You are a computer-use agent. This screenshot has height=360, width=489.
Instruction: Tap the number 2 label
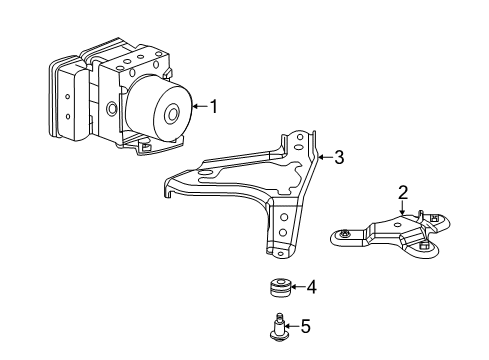402,191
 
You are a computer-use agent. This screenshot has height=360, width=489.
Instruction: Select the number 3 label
339,157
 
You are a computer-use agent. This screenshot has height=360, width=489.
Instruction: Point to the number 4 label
312,288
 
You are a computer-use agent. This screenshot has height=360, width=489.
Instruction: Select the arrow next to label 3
325,157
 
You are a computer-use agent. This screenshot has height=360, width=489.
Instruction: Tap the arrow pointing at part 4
299,288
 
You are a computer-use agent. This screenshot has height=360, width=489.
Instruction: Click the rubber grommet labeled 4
282,289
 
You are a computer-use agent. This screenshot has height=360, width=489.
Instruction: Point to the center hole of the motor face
173,113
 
